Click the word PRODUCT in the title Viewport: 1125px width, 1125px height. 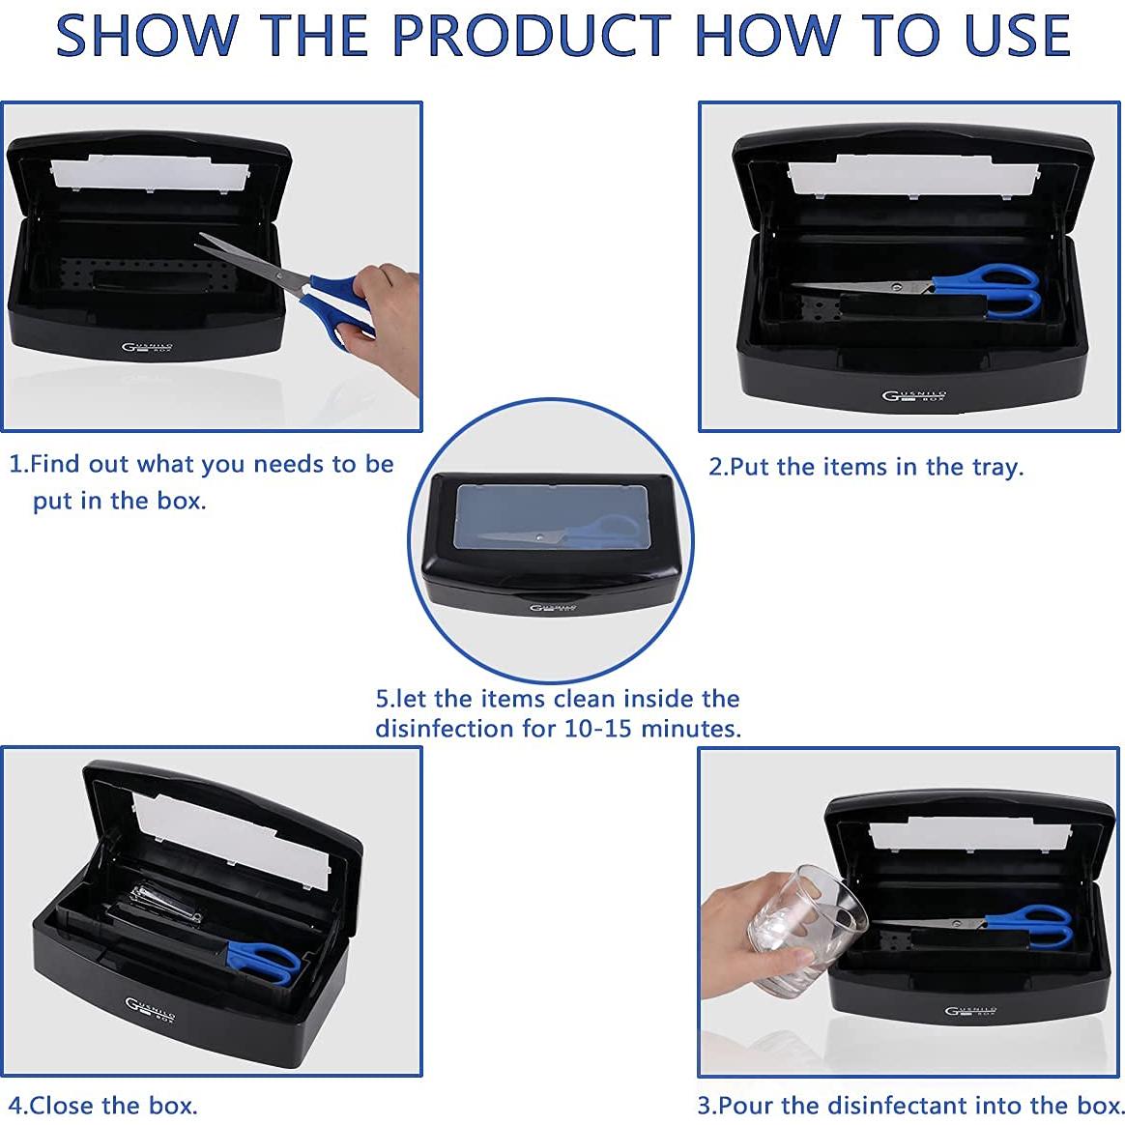click(x=532, y=35)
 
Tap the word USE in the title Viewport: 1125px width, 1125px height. click(x=1017, y=35)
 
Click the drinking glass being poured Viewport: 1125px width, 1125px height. click(x=806, y=931)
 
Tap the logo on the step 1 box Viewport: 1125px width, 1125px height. click(x=147, y=349)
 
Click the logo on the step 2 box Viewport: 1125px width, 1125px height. click(x=913, y=395)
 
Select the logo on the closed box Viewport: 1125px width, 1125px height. click(x=553, y=609)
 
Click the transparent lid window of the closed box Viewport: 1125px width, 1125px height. click(x=553, y=516)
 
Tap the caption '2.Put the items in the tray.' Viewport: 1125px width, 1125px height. click(x=866, y=468)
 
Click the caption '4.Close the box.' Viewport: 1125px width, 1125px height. click(x=102, y=1105)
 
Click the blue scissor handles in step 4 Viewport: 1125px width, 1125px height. click(x=262, y=962)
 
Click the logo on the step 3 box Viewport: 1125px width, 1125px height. click(x=970, y=1011)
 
